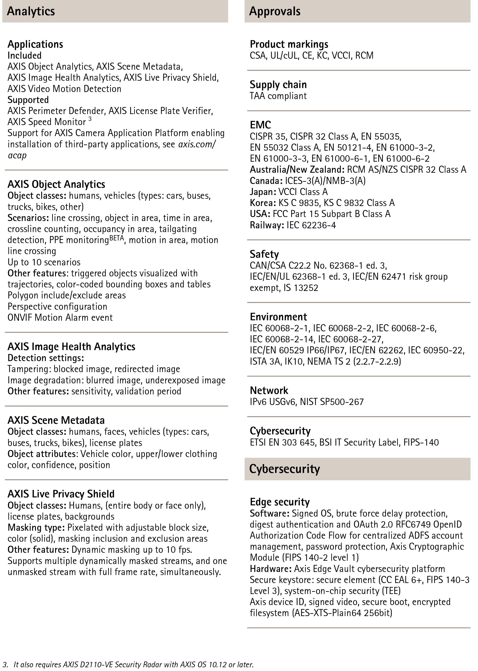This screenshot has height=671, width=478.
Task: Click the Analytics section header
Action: tap(31, 11)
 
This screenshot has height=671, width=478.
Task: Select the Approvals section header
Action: tap(275, 11)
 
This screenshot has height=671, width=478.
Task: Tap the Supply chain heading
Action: tap(278, 84)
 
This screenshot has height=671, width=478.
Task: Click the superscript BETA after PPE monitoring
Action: tap(117, 238)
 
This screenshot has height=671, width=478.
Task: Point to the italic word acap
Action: tap(17, 155)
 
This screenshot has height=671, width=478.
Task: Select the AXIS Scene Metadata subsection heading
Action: tap(56, 420)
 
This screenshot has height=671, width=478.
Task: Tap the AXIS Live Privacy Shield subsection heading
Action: tap(61, 494)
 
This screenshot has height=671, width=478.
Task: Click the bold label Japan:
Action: tap(263, 192)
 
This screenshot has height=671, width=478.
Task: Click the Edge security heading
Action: tap(280, 502)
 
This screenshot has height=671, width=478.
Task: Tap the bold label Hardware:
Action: tap(270, 568)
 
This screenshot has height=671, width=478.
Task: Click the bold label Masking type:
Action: tap(36, 527)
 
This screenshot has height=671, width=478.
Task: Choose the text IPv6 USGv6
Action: tap(273, 402)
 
